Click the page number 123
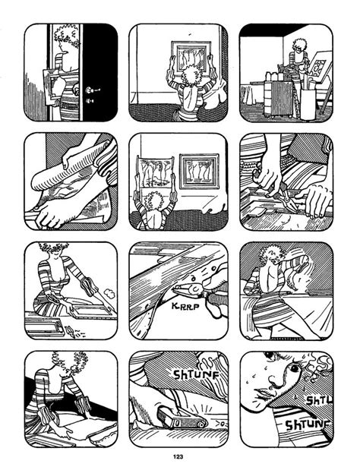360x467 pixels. tap(178, 456)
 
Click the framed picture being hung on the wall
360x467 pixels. tap(191, 57)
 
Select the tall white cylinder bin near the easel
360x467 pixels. tap(308, 103)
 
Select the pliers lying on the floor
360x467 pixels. tap(71, 331)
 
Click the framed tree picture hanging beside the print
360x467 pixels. tap(199, 171)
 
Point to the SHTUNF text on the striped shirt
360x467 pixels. tap(308, 424)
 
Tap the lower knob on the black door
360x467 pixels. tap(90, 101)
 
